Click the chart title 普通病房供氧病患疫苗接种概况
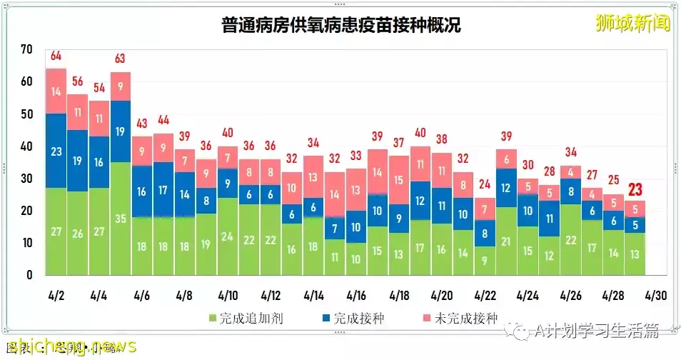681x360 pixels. [340, 26]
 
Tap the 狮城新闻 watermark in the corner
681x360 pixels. [633, 24]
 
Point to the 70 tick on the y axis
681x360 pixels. [27, 49]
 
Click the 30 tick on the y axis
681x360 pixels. [27, 179]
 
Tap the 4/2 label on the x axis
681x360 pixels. [56, 295]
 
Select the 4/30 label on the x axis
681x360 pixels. [656, 295]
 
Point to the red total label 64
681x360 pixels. [56, 56]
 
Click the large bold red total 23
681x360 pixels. [635, 190]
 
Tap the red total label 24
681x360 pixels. [485, 184]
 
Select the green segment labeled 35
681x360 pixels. [121, 219]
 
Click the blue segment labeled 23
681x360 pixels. [56, 151]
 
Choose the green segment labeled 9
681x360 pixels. [485, 261]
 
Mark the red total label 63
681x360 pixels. [121, 59]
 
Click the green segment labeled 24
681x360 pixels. [228, 236]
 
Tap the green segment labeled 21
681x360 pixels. [506, 241]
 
